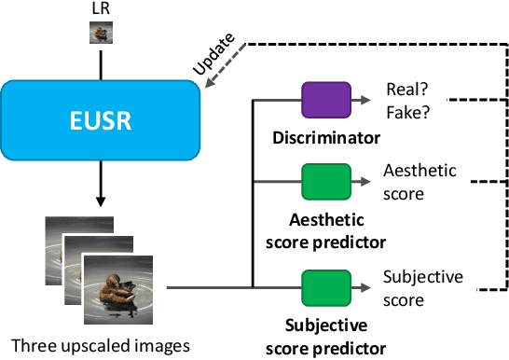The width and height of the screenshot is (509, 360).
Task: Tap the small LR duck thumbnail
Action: coord(101,32)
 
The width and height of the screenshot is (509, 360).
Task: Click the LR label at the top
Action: coord(101,8)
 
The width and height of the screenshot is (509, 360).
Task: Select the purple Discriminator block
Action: coord(324,98)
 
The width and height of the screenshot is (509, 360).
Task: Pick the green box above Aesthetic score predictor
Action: coord(324,180)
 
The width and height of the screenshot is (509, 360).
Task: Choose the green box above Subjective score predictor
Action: coord(324,285)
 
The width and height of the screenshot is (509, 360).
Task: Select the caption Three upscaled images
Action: coord(101,345)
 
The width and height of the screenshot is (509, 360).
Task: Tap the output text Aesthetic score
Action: coord(420,182)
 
